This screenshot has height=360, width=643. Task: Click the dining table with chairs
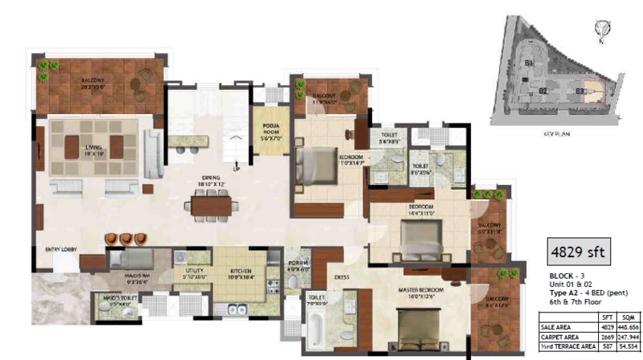point(214,206)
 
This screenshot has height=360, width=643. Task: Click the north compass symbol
point(598,30)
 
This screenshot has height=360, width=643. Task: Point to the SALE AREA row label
point(558,327)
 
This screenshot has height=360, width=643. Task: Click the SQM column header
point(623,318)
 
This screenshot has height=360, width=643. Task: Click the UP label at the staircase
point(235,169)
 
